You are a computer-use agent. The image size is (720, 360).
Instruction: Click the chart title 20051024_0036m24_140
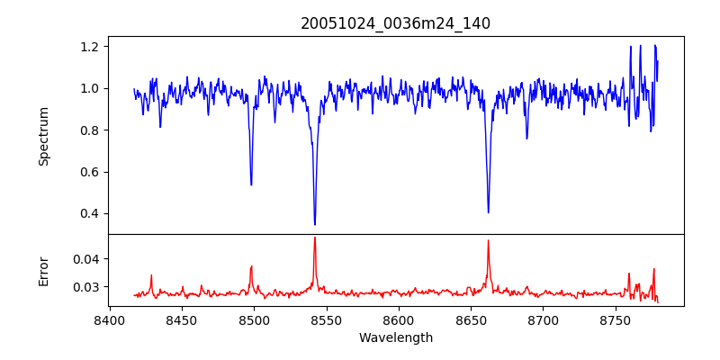(395, 23)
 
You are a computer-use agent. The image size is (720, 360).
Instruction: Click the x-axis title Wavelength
(395, 337)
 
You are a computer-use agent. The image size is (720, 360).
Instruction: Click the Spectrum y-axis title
(44, 136)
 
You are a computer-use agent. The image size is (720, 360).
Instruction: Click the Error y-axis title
(44, 270)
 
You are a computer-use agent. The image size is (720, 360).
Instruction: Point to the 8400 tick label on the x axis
(109, 319)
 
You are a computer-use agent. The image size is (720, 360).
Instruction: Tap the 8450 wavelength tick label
(182, 319)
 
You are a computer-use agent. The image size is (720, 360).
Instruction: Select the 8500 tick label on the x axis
(254, 319)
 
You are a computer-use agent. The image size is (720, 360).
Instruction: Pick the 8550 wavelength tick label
(326, 319)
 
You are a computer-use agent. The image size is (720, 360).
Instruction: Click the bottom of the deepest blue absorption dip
(315, 223)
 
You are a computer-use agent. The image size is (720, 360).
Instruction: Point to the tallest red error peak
(315, 238)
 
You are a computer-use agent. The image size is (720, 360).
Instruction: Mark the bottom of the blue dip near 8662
(489, 211)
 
